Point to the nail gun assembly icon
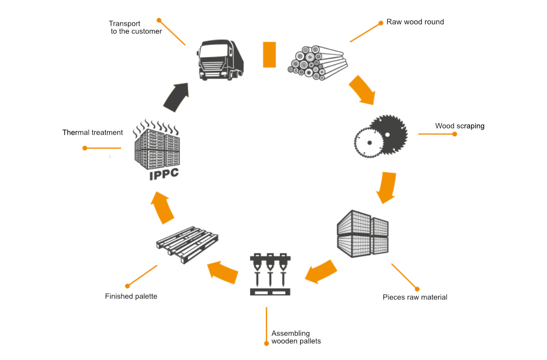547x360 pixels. [x=270, y=274]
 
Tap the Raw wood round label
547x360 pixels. [x=415, y=22]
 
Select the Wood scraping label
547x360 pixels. [x=459, y=126]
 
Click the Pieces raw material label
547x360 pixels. [x=415, y=297]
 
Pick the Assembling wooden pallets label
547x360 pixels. [x=296, y=337]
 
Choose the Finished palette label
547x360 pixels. [x=131, y=296]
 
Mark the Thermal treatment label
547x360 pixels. [x=92, y=133]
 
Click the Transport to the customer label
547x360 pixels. [x=135, y=28]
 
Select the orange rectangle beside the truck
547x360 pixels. [x=269, y=54]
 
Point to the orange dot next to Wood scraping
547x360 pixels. [x=454, y=134]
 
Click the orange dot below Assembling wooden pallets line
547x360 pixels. [x=266, y=343]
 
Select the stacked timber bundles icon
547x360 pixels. [x=363, y=233]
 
